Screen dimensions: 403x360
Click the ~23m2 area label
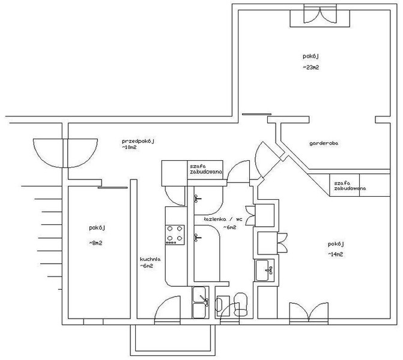[x=311, y=68]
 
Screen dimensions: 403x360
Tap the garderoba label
[x=324, y=143]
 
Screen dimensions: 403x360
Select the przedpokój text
[x=138, y=141]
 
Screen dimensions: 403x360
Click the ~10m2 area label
[x=129, y=148]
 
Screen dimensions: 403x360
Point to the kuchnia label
[x=150, y=259]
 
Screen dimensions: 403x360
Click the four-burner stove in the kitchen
[x=175, y=235]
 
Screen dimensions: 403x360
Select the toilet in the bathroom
[x=241, y=304]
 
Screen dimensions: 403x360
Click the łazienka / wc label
[x=223, y=220]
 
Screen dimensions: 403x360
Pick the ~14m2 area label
[x=335, y=254]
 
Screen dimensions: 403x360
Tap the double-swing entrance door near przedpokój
[x=65, y=153]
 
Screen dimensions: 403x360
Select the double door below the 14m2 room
[x=309, y=312]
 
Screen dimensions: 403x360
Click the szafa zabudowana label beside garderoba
[x=350, y=186]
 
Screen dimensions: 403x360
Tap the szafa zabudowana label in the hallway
[x=205, y=169]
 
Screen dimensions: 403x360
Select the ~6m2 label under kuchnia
[x=147, y=266]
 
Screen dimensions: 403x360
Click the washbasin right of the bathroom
[x=264, y=271]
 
